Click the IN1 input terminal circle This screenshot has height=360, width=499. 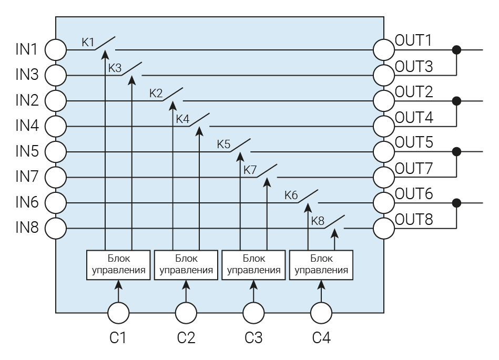pyautogui.click(x=56, y=50)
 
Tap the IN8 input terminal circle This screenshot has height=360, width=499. pyautogui.click(x=56, y=229)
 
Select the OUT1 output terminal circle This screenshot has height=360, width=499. pyautogui.click(x=384, y=50)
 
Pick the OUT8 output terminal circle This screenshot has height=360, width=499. pyautogui.click(x=384, y=229)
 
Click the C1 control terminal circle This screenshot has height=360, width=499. pyautogui.click(x=118, y=314)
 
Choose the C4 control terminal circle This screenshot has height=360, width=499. pyautogui.click(x=321, y=314)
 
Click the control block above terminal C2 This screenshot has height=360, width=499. pyautogui.click(x=186, y=265)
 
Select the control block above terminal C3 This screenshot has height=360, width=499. pyautogui.click(x=254, y=265)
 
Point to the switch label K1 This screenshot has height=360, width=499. pyautogui.click(x=87, y=42)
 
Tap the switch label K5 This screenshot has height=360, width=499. pyautogui.click(x=223, y=144)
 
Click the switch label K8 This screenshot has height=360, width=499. pyautogui.click(x=318, y=221)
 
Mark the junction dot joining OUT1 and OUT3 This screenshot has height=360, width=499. pyautogui.click(x=457, y=50)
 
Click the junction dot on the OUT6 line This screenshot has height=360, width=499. pyautogui.click(x=457, y=203)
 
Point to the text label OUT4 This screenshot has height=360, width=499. pyautogui.click(x=414, y=117)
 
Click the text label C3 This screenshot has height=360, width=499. pyautogui.click(x=254, y=337)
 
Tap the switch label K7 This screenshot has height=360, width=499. pyautogui.click(x=250, y=170)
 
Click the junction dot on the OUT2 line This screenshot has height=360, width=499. pyautogui.click(x=457, y=100)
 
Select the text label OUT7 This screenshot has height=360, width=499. pyautogui.click(x=414, y=168)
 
